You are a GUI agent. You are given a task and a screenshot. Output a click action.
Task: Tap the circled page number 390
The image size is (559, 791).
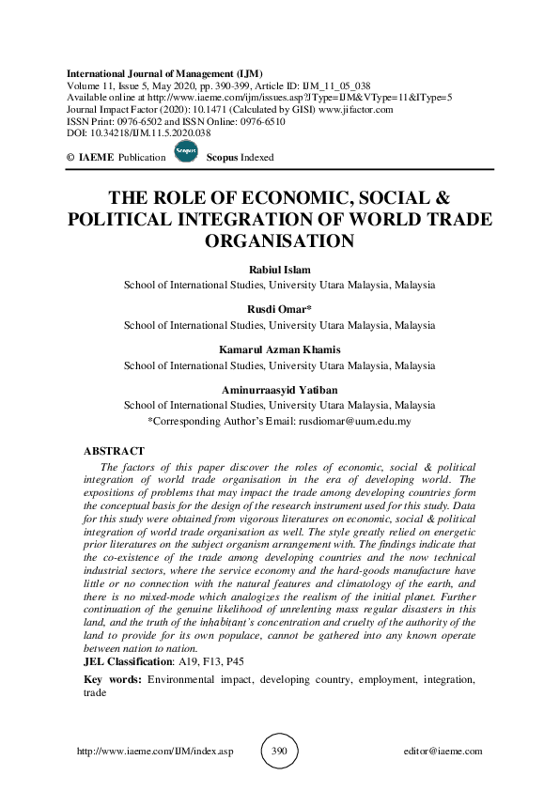click(278, 752)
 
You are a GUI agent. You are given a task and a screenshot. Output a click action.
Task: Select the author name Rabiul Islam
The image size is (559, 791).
click(279, 270)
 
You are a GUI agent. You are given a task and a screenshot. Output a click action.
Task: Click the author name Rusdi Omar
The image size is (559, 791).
click(280, 310)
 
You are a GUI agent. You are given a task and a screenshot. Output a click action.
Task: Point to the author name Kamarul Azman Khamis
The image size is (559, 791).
click(279, 350)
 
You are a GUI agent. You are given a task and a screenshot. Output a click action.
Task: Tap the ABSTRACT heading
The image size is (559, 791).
click(115, 452)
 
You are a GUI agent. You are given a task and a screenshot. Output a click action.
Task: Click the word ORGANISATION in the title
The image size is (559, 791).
click(279, 240)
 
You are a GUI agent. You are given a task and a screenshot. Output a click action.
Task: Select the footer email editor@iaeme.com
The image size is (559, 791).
click(442, 752)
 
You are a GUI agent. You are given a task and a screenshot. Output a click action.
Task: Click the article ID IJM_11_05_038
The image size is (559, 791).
click(349, 85)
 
